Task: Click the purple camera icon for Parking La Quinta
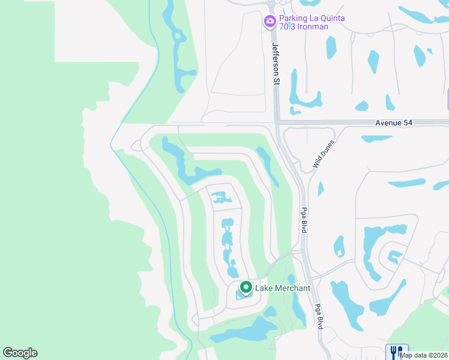point(270,22)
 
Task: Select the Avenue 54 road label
point(394,122)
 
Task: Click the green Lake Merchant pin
point(245,288)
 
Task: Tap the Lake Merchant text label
point(283,288)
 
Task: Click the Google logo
point(20,353)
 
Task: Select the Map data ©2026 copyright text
point(423,355)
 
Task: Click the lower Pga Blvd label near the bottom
point(320,316)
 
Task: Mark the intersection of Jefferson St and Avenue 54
point(277,122)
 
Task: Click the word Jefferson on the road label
point(276,57)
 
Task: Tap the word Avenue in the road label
point(388,122)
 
